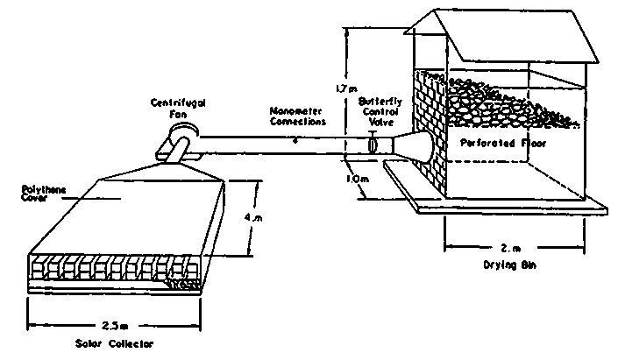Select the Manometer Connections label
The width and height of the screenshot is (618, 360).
coord(297,119)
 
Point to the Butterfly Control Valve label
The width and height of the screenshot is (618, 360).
coord(380,114)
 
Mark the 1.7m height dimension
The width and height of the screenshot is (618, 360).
coord(345,88)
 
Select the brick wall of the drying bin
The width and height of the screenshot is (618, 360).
coord(430,114)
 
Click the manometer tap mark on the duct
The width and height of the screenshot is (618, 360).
coord(295,139)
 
